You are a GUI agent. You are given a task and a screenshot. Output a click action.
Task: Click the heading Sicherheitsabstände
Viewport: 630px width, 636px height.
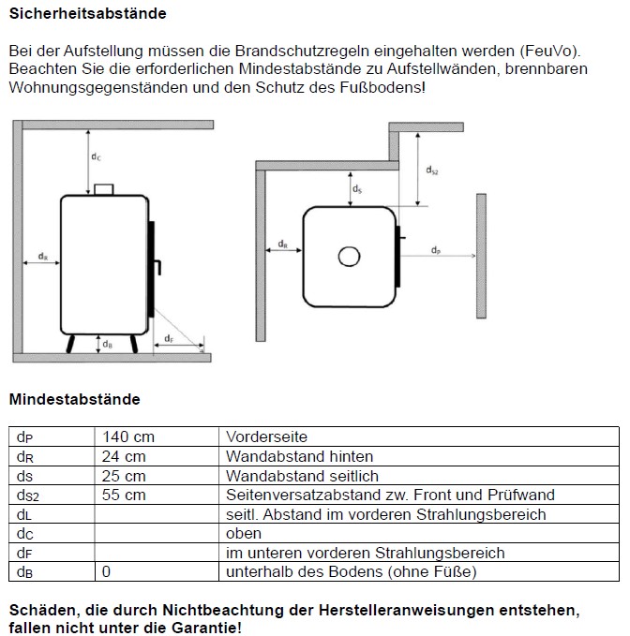[87, 14]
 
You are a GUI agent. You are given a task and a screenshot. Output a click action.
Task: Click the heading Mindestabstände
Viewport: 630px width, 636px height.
[74, 399]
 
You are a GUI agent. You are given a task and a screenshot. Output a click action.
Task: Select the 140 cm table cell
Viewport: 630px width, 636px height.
[128, 436]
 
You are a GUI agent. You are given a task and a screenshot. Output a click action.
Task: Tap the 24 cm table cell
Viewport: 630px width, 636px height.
[125, 456]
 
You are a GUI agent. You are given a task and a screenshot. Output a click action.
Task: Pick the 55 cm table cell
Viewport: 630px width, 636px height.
[125, 495]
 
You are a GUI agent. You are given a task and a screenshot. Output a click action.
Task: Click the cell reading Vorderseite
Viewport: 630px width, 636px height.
[266, 436]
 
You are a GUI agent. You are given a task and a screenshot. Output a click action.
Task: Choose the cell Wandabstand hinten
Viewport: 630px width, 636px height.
[299, 456]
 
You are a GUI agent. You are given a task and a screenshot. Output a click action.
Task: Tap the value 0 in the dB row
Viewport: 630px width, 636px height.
[106, 571]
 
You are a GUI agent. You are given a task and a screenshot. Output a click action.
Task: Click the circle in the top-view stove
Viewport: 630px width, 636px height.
[350, 256]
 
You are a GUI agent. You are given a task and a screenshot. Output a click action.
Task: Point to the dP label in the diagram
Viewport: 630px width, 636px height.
[436, 249]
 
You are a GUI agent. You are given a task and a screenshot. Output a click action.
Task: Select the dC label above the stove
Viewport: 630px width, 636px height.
[97, 156]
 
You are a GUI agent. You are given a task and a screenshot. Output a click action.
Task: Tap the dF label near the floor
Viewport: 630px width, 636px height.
[168, 337]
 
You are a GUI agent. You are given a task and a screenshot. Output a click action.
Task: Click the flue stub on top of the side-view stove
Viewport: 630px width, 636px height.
[103, 188]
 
